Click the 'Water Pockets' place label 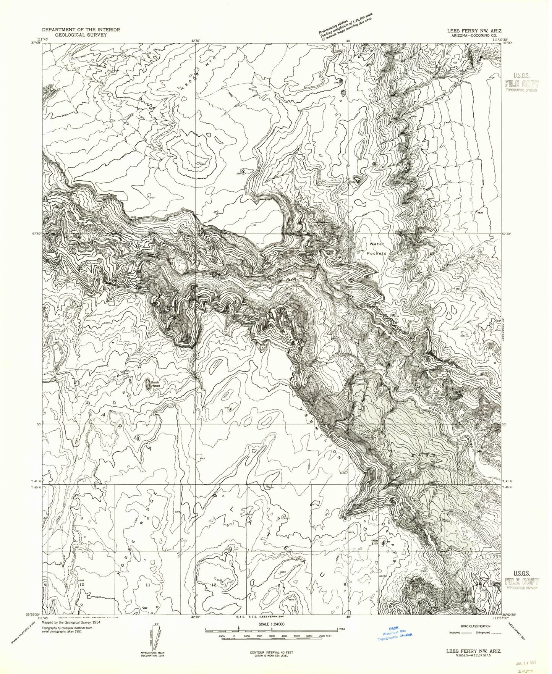378,248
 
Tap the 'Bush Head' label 154,384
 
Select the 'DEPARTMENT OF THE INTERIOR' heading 81,29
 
